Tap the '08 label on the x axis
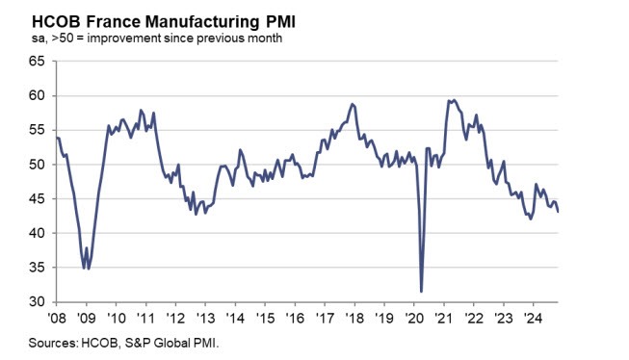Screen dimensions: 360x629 (57, 316)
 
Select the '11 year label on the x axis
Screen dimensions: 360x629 (145, 316)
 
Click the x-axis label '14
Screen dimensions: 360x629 (235, 316)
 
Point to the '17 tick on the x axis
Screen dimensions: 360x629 (325, 316)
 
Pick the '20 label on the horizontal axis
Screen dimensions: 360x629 (414, 316)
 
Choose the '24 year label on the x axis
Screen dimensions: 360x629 (533, 316)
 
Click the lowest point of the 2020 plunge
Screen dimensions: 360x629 (422, 291)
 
